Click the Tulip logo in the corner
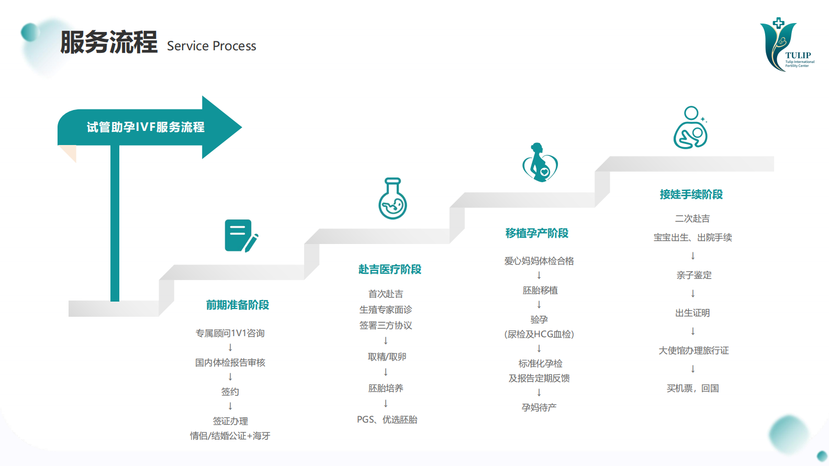[787, 45]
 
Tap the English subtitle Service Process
[211, 46]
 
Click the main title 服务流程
[109, 42]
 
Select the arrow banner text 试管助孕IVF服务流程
[145, 127]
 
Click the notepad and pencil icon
[241, 236]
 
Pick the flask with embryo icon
[393, 198]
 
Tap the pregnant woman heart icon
[540, 162]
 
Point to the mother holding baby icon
[691, 127]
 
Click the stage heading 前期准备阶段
[237, 305]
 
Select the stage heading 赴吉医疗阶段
[390, 269]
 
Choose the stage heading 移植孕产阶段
[536, 233]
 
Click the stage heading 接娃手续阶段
[691, 194]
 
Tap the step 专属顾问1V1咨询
[230, 333]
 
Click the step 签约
[230, 392]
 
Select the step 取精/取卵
[387, 357]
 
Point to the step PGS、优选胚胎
[387, 419]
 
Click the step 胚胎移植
[540, 290]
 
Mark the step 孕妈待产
[539, 407]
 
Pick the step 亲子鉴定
[694, 275]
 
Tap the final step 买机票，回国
[692, 388]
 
